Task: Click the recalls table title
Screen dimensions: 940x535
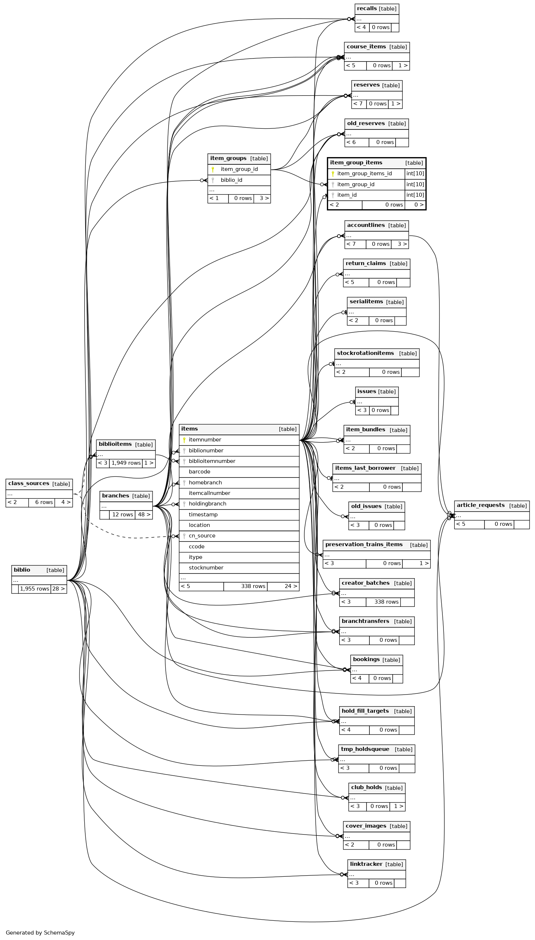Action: pos(367,8)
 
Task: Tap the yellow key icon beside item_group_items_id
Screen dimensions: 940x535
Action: pos(333,173)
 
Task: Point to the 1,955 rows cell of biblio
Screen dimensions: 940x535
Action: pos(35,589)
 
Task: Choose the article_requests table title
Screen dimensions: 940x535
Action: pos(480,505)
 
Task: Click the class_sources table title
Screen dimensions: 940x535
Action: pos(29,484)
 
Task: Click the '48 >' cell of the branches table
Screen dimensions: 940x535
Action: pos(144,515)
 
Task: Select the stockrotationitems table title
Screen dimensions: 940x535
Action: pos(365,353)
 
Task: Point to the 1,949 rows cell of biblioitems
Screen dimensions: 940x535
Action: pos(126,463)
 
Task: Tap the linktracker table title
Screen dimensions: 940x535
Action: pos(366,864)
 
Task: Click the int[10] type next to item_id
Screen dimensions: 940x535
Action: pos(415,195)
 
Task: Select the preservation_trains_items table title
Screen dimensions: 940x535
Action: pos(364,544)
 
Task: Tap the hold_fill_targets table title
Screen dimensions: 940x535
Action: pos(365,711)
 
